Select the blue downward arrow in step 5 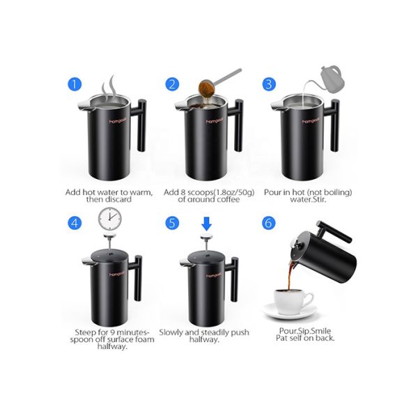[x=206, y=223]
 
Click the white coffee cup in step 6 [x=291, y=300]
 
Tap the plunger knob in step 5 [x=206, y=240]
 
